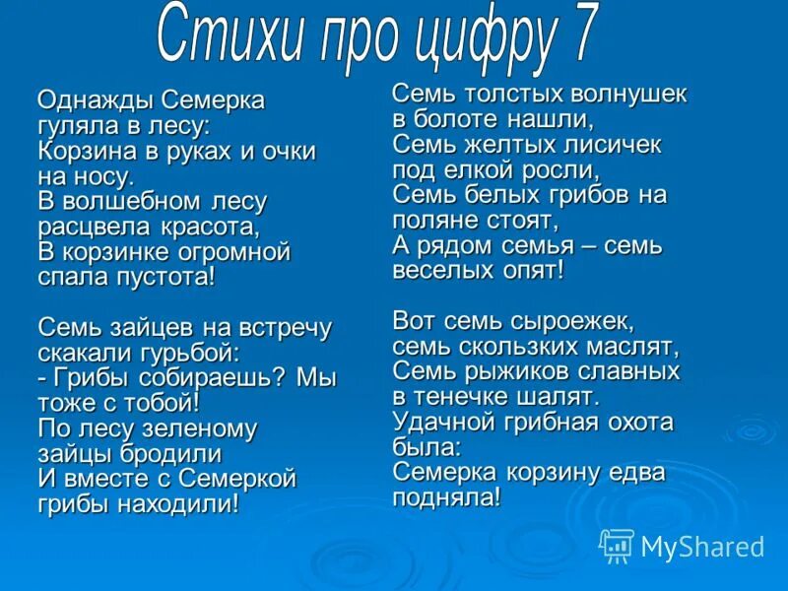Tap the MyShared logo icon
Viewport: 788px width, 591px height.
click(x=617, y=545)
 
